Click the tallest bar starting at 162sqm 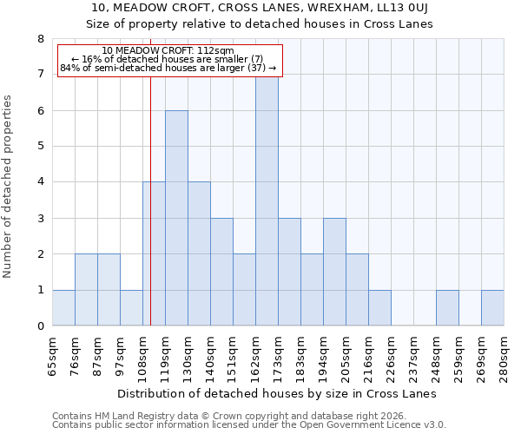(x=267, y=200)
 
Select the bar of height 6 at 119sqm (x=176, y=218)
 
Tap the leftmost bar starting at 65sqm (x=63, y=307)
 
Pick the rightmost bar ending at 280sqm (x=492, y=307)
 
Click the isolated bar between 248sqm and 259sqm (x=447, y=307)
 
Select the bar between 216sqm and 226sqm (x=379, y=307)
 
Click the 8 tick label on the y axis (x=40, y=39)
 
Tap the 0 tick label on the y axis (x=40, y=326)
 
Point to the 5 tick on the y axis (x=40, y=147)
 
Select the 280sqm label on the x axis (x=505, y=358)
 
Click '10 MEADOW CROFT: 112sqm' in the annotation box (x=168, y=50)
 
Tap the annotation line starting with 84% (x=168, y=68)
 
